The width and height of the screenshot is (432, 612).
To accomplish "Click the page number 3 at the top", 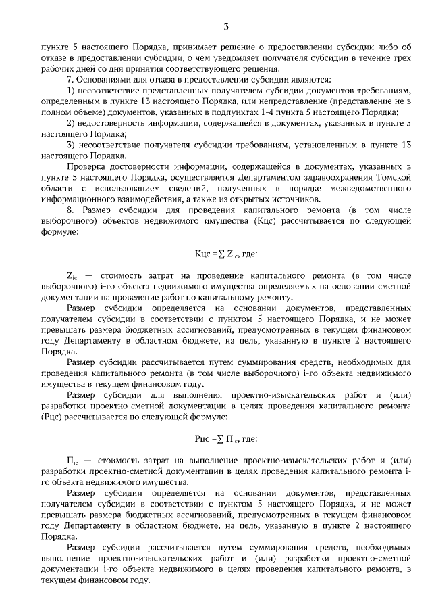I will tap(226, 27).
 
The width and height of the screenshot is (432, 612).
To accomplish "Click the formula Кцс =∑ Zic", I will tap(216, 254).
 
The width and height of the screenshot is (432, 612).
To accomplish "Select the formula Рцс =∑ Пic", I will tap(216, 439).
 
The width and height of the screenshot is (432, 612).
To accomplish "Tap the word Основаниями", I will tap(97, 78).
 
